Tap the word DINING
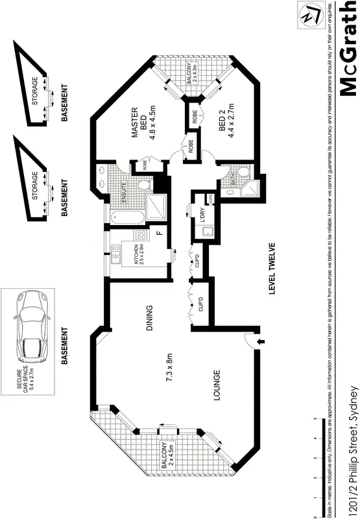(x=149, y=319)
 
